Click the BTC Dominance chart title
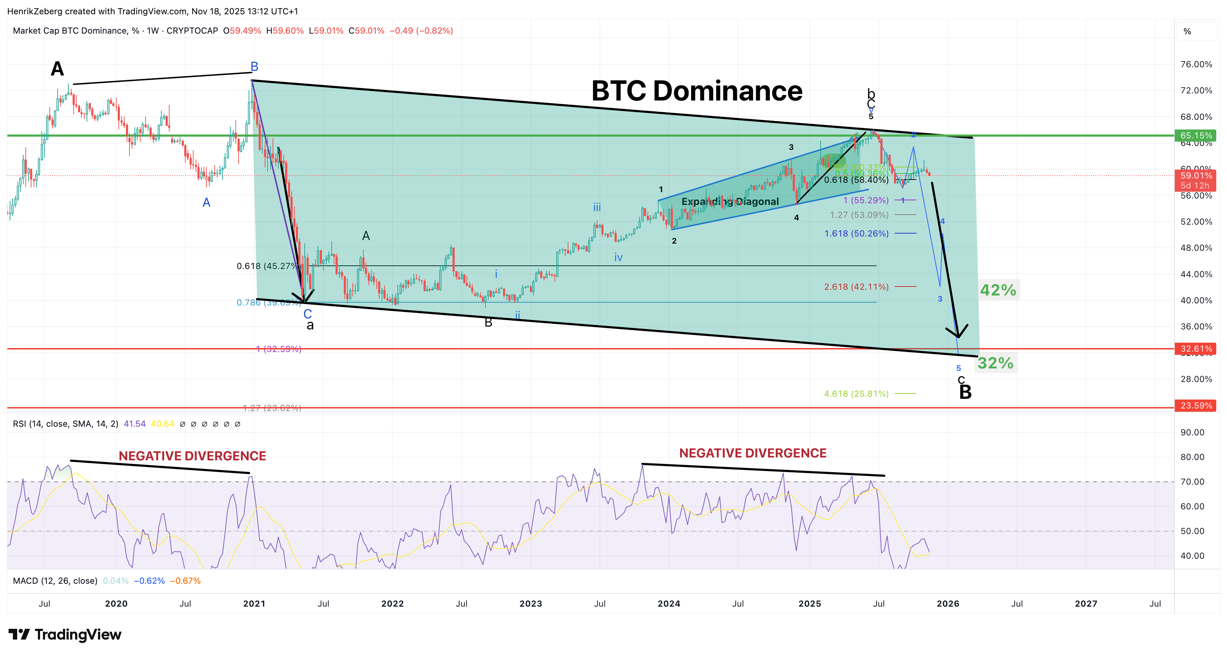[696, 90]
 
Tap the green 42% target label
[998, 290]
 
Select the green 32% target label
[995, 363]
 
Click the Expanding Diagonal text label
[730, 201]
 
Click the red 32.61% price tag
[1196, 349]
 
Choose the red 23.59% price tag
[1196, 405]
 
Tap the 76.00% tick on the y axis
[1196, 64]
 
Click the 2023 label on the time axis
[531, 603]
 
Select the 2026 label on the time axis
[948, 603]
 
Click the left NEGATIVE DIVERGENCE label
[192, 456]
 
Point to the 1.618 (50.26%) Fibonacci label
[856, 234]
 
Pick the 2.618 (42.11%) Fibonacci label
[856, 287]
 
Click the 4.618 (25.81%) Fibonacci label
[856, 393]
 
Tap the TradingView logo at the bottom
[65, 635]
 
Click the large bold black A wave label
[57, 69]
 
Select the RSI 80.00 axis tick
[1192, 457]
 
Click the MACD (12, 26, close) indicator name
[55, 581]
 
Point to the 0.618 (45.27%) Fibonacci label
[267, 266]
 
